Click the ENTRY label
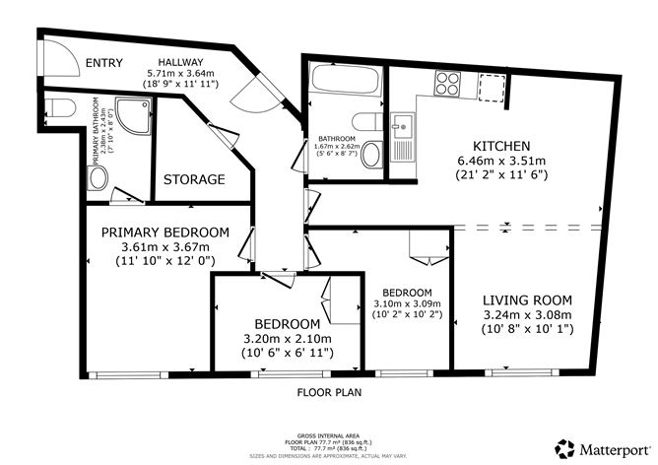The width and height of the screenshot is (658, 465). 104,63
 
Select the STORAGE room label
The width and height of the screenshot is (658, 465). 193,180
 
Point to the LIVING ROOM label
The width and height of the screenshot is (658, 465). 527,299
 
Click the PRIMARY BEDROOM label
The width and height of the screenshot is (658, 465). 165,232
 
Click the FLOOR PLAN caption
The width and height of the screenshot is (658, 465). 328,392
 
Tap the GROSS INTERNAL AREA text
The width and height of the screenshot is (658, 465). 328,433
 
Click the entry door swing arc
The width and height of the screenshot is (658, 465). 262,93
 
